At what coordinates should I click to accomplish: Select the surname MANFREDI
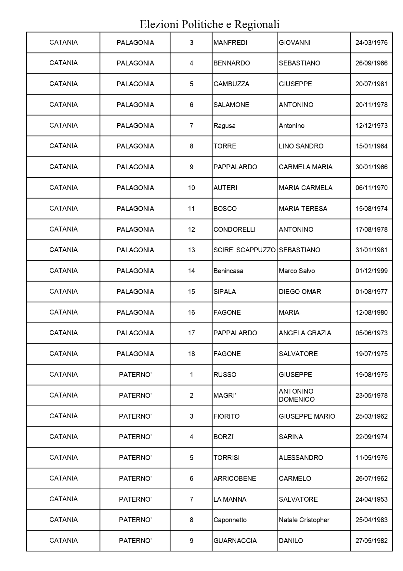point(230,43)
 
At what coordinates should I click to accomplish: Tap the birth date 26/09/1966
point(371,63)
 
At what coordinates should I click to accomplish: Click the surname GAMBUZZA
point(231,84)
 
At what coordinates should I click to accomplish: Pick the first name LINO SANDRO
point(301,146)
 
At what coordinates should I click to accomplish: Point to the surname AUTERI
point(225,188)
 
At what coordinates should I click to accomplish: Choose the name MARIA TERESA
point(303,209)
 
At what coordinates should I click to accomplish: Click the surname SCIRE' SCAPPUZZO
point(244,250)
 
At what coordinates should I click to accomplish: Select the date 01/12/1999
point(371,271)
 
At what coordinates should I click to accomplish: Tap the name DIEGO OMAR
point(300,292)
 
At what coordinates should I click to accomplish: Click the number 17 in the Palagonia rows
point(191,333)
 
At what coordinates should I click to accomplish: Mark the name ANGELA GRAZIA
point(305,333)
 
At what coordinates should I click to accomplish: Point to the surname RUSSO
point(225,375)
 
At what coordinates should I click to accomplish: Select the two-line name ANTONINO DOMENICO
point(296,395)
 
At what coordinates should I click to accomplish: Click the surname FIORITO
point(226,416)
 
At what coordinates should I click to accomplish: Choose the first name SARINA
point(291,437)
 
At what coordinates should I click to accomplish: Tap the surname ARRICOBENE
point(235,479)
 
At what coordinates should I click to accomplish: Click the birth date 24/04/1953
point(371,499)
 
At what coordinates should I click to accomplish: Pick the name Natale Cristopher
point(304,520)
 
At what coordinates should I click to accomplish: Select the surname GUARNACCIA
point(235,541)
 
